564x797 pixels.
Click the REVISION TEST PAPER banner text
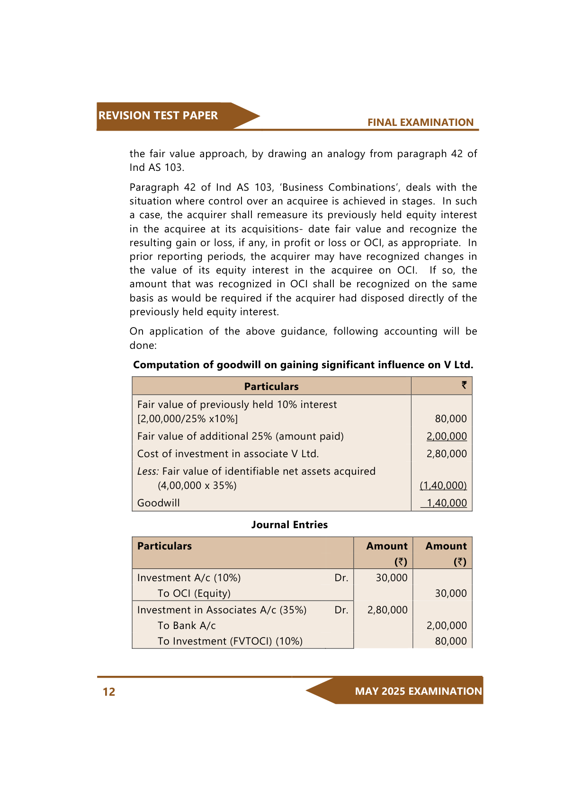(x=158, y=115)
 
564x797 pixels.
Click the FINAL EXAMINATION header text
(x=420, y=123)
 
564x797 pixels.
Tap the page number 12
(x=109, y=692)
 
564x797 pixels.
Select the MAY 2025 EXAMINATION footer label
(x=418, y=691)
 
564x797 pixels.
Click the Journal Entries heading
(x=289, y=525)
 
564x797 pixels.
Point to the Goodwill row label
(x=158, y=503)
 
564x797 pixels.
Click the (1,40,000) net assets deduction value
(x=443, y=486)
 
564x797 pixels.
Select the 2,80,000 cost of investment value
(x=447, y=454)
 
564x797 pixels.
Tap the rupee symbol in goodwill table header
(x=464, y=385)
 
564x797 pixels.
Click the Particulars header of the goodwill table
(x=271, y=387)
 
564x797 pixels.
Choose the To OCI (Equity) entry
(x=194, y=593)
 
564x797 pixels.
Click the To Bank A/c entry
(x=187, y=626)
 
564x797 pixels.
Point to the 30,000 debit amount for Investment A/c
(x=392, y=578)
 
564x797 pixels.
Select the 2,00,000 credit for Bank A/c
(x=447, y=626)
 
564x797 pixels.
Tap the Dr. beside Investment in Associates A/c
(x=341, y=610)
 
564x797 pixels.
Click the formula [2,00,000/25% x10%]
(x=188, y=419)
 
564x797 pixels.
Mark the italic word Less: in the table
(x=148, y=471)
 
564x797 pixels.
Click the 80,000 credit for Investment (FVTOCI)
(x=451, y=641)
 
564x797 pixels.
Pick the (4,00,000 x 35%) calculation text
(x=197, y=486)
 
